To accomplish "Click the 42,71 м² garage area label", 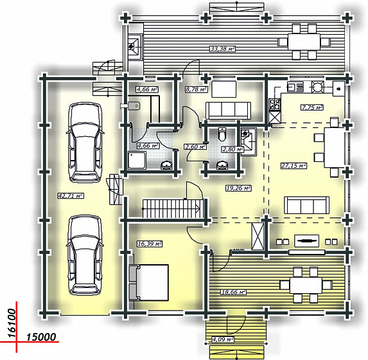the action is (71, 195).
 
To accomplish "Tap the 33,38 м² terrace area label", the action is (222, 49).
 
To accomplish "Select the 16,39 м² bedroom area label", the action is (150, 244).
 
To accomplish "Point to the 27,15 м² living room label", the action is (294, 166).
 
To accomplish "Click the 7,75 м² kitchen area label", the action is (312, 107).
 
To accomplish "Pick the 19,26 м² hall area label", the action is (238, 188).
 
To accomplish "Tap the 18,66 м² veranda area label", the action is (233, 292).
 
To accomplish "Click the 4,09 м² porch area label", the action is (223, 339).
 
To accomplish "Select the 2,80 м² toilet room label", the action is (232, 149).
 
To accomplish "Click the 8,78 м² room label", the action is (197, 89).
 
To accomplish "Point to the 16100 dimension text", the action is (12, 323).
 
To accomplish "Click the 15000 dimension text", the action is (41, 337).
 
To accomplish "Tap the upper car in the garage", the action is (85, 142).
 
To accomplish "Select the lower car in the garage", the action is (85, 255).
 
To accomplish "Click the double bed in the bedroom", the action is (149, 283).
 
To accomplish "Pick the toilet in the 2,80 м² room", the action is (222, 134).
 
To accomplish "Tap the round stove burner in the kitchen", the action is (317, 87).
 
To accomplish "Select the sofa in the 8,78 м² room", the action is (228, 111).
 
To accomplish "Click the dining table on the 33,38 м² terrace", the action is (304, 42).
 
